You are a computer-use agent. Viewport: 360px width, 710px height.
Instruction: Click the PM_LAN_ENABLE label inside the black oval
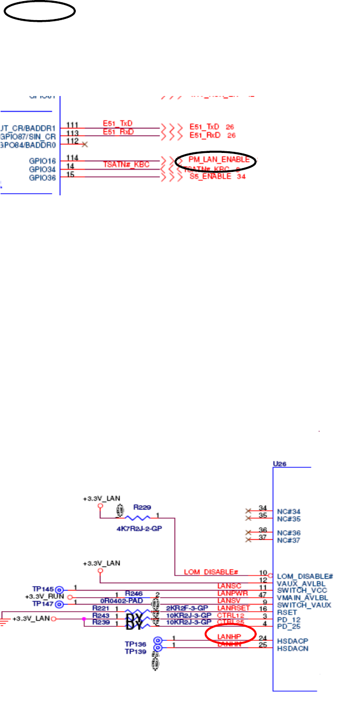218,160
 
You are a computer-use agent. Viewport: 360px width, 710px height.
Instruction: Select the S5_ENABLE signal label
210,176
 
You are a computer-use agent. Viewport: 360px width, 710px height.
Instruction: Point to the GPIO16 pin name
44,161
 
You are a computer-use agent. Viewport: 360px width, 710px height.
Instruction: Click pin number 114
72,159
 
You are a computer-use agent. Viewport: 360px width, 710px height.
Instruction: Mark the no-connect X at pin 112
84,144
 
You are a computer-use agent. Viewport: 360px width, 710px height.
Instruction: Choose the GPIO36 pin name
44,177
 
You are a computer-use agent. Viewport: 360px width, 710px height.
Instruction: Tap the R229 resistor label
141,508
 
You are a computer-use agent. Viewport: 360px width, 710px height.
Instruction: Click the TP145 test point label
42,588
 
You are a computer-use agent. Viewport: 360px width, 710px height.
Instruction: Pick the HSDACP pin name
293,641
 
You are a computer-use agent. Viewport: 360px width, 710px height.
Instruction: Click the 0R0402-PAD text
121,601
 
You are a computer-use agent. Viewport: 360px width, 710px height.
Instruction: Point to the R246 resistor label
134,593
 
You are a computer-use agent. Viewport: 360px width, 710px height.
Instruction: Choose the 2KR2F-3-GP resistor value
186,608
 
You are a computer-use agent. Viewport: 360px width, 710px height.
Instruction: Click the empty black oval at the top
39,11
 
